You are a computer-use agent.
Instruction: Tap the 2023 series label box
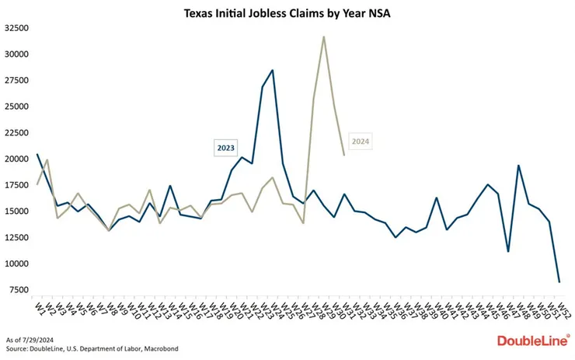[x=226, y=146]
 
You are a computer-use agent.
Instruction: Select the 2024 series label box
[x=360, y=142]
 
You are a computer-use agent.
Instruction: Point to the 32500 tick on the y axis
[x=16, y=28]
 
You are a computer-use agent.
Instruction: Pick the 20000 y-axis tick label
[x=16, y=159]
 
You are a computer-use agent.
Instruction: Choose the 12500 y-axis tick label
[x=16, y=237]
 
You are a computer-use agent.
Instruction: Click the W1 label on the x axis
[x=37, y=309]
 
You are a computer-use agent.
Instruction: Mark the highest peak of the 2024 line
[x=324, y=37]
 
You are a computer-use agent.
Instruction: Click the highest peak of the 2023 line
[x=272, y=71]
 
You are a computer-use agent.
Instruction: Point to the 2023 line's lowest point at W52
[x=559, y=281]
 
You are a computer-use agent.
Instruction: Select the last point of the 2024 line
[x=344, y=155]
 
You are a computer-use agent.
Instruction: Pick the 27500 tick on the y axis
[x=16, y=80]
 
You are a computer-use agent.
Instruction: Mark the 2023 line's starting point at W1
[x=37, y=154]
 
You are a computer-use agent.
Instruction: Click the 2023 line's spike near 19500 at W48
[x=518, y=165]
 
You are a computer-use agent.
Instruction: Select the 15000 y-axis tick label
[x=16, y=211]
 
